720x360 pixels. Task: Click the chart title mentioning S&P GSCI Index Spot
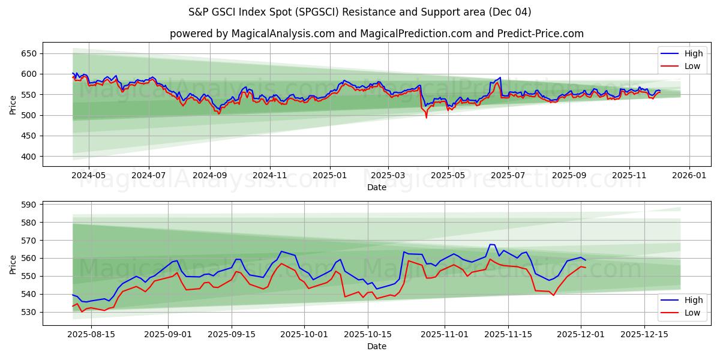pyautogui.click(x=360, y=12)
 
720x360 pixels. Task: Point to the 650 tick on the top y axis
pyautogui.click(x=29, y=53)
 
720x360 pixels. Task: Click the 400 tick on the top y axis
pyautogui.click(x=29, y=157)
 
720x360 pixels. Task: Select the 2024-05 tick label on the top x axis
pyautogui.click(x=89, y=175)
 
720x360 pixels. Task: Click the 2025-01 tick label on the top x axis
pyautogui.click(x=329, y=175)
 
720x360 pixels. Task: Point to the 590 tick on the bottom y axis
pyautogui.click(x=29, y=205)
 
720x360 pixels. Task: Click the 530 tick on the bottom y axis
pyautogui.click(x=29, y=313)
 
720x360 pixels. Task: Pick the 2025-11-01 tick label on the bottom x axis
pyautogui.click(x=445, y=334)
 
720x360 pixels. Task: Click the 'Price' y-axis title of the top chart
pyautogui.click(x=13, y=104)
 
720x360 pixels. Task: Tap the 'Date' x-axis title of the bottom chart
pyautogui.click(x=377, y=346)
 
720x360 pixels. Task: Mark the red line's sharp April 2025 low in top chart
pyautogui.click(x=427, y=117)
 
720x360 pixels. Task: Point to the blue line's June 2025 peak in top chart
pyautogui.click(x=500, y=77)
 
